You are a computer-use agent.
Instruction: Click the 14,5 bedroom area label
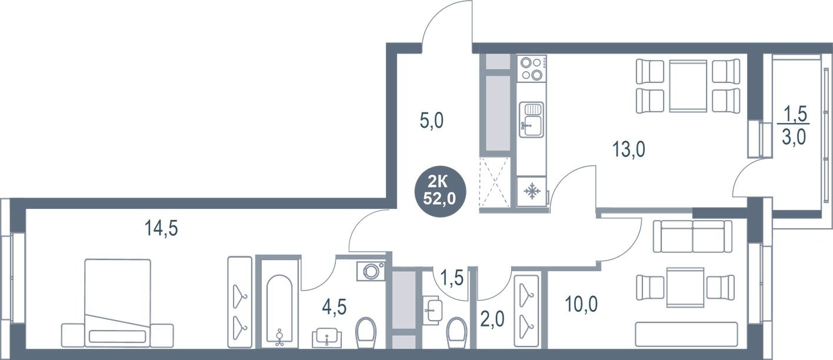(161, 228)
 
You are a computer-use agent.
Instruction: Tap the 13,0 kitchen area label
(628, 151)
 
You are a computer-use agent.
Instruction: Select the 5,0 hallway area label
(431, 122)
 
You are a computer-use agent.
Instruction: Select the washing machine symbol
(372, 271)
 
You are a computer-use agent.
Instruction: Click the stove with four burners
(532, 68)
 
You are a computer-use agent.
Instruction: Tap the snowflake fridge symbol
(532, 191)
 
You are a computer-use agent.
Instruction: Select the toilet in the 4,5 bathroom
(366, 331)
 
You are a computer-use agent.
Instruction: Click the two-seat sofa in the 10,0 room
(693, 236)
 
